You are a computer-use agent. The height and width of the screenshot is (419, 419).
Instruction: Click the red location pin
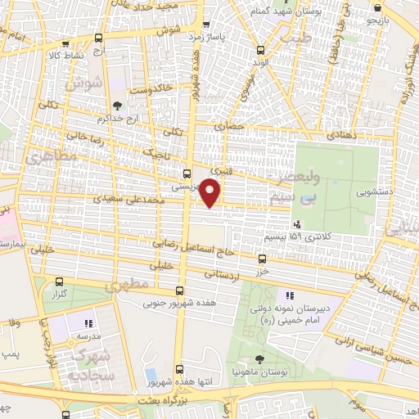[211, 193]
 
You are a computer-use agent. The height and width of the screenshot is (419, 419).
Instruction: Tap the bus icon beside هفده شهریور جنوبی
[180, 291]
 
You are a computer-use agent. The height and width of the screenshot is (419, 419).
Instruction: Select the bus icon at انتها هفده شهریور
[179, 369]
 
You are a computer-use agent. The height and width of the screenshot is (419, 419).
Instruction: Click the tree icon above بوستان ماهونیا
[259, 359]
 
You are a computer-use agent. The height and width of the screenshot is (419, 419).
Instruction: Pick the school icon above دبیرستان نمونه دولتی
[288, 295]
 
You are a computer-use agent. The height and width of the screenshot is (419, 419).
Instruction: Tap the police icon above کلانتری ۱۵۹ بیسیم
[296, 223]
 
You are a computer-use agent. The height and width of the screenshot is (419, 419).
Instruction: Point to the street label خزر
[262, 269]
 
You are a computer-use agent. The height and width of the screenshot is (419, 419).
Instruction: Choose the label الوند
[260, 63]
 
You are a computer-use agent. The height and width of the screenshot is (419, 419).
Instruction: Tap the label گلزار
[59, 293]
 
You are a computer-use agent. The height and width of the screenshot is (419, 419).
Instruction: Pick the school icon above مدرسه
[88, 322]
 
